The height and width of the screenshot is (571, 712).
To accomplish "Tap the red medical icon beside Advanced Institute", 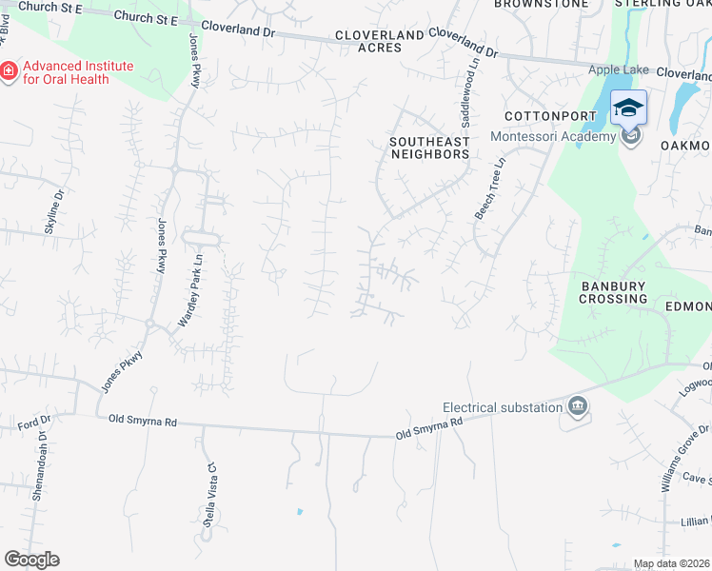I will [9, 71].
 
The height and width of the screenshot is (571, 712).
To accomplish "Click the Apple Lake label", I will [619, 69].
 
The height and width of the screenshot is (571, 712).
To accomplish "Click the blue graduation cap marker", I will [628, 108].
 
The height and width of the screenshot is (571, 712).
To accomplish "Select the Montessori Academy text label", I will [553, 137].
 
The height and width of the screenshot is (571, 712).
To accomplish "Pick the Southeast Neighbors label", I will [429, 148].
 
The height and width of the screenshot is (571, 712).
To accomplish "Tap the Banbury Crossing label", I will [613, 292].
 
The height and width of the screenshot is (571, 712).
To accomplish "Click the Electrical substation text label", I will [503, 407].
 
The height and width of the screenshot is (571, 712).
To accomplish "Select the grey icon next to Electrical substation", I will [578, 407].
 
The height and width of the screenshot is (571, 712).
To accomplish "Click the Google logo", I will [31, 560].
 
